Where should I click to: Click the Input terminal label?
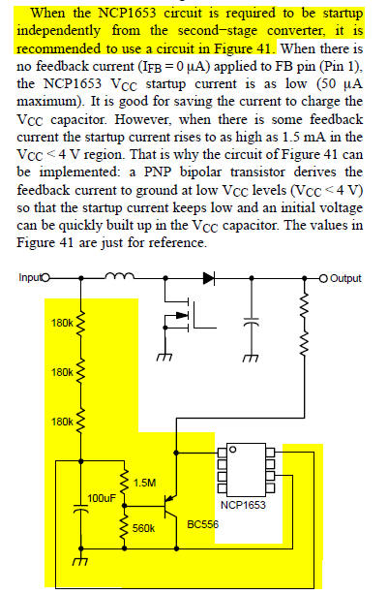[30, 277]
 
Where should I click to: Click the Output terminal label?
[345, 278]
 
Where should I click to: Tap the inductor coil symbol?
[119, 276]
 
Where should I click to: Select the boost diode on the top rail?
[209, 278]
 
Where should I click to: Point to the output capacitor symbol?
[252, 323]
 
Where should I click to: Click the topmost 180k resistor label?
[62, 323]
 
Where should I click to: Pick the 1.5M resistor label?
[144, 483]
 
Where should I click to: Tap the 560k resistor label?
[143, 528]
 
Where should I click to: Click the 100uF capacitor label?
[102, 498]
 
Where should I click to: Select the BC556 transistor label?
[203, 524]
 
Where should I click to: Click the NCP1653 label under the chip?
[243, 505]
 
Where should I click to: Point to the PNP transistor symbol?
[170, 506]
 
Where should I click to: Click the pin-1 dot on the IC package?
[233, 450]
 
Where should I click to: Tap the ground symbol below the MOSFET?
[164, 357]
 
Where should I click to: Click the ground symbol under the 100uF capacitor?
[80, 561]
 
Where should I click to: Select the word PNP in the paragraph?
[159, 172]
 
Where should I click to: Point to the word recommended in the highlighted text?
[59, 48]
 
